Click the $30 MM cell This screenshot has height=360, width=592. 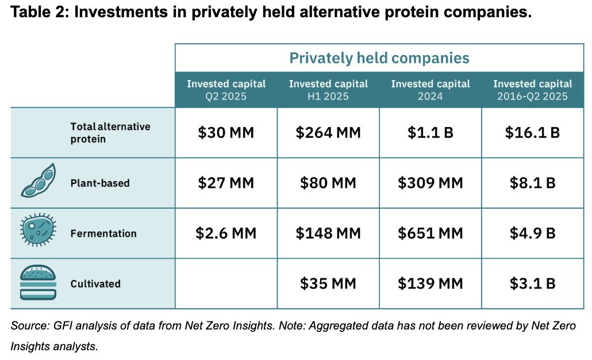[226, 133]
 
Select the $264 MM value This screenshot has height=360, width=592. [328, 133]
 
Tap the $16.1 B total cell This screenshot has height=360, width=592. [532, 133]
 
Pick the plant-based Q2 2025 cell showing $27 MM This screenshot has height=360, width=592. [226, 183]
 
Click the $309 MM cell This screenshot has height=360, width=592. [430, 183]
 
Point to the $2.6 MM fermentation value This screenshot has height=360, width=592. [226, 233]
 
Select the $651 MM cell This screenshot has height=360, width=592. [430, 233]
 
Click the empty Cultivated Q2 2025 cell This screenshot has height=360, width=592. [226, 284]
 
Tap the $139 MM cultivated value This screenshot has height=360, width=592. [430, 284]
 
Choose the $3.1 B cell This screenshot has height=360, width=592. [532, 284]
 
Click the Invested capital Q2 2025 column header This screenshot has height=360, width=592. [226, 90]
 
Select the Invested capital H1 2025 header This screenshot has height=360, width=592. [328, 90]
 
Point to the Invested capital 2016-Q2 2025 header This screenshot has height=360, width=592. [532, 90]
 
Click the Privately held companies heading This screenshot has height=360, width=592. [379, 58]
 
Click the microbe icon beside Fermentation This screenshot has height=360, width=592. [38, 233]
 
